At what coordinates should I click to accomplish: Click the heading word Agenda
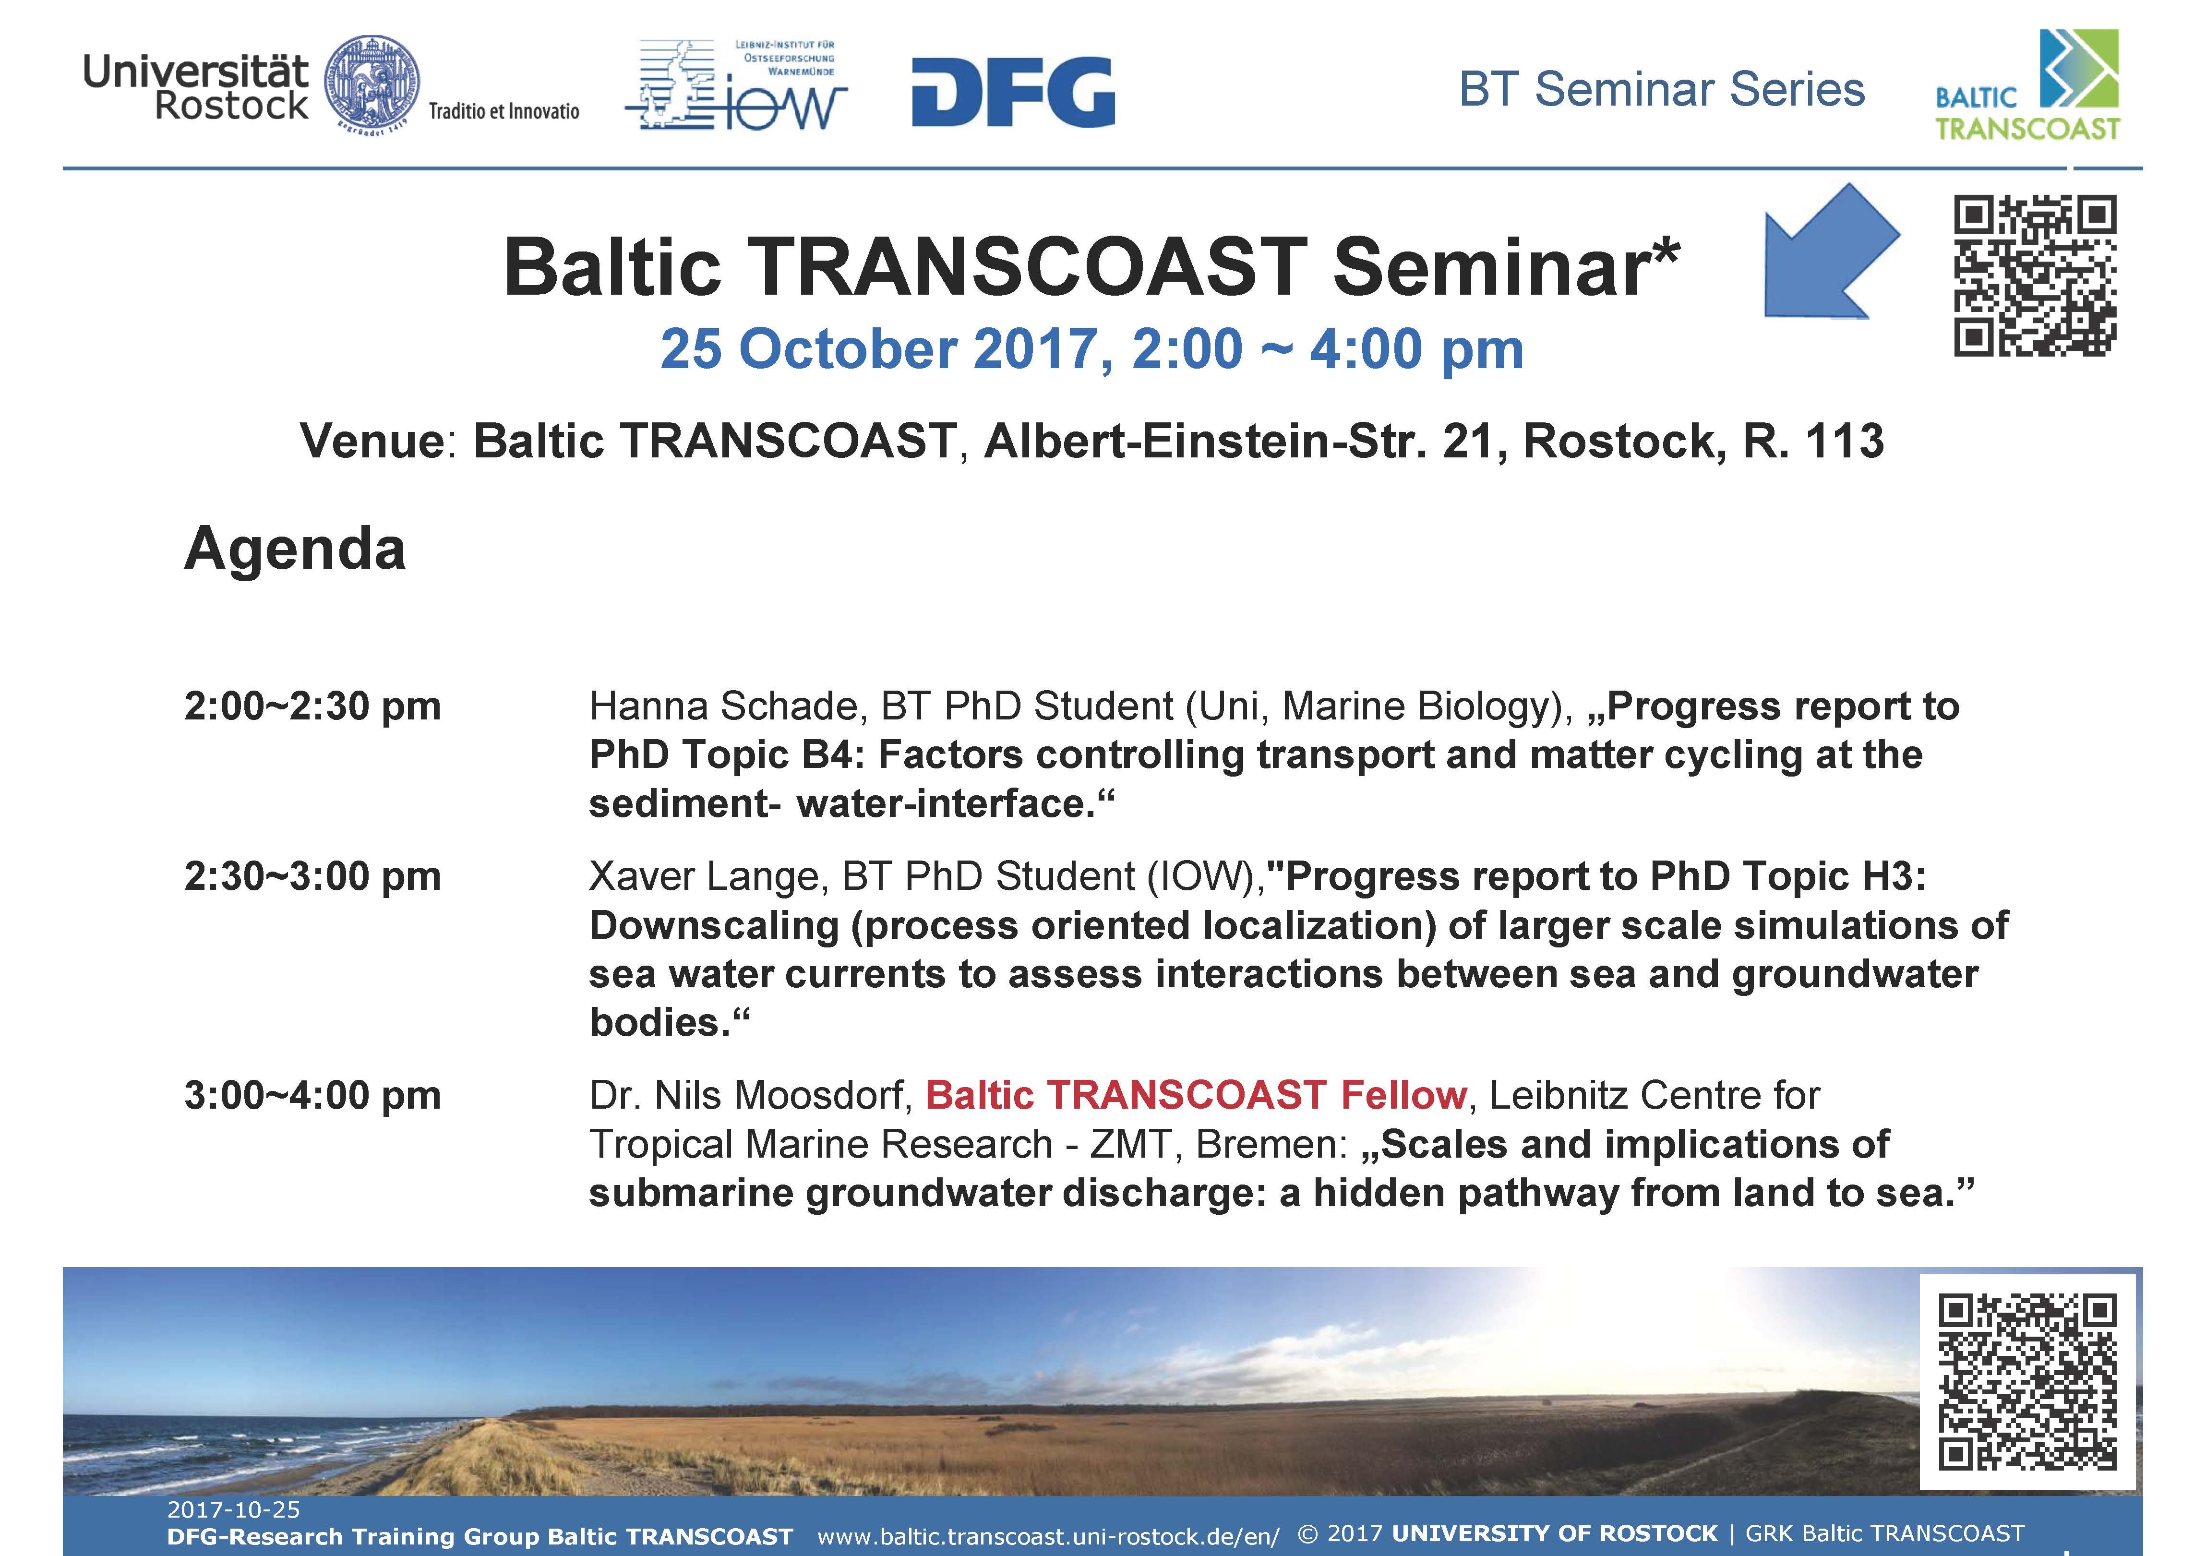[x=295, y=550]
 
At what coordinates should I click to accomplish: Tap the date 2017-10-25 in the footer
[x=233, y=1510]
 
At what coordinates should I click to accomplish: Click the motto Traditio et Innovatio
[x=504, y=111]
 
